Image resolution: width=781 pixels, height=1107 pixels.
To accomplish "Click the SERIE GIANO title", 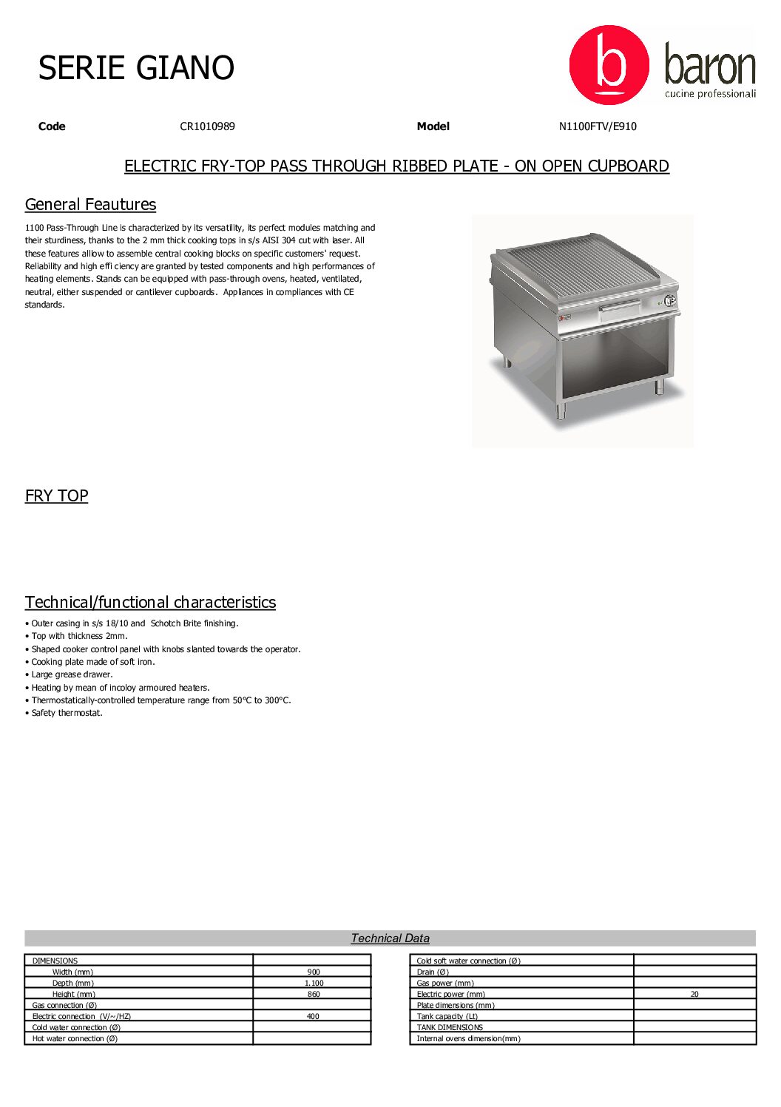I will point(136,68).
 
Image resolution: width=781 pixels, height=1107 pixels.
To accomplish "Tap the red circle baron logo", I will point(609,65).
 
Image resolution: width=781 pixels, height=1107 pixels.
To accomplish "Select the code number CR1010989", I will point(207,126).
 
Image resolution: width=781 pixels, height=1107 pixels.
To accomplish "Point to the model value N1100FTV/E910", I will point(597,126).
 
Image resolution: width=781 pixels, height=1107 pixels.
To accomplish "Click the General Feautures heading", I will point(90,205).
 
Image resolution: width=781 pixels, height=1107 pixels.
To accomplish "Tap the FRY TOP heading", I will point(56,496).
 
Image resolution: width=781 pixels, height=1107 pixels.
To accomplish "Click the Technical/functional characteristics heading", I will point(150,603).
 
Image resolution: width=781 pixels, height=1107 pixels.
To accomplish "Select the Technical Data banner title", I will point(390,938).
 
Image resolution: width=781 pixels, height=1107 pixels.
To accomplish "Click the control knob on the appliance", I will point(669,300).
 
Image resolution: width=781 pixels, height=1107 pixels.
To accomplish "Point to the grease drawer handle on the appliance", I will point(620,306).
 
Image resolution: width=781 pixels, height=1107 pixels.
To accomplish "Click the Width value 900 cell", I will point(314,972).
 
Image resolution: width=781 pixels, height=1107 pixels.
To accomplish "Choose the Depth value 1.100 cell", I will point(314,984).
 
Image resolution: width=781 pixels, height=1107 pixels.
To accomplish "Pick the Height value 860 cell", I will point(314,995).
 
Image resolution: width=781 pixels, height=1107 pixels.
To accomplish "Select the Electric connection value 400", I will point(313,1017).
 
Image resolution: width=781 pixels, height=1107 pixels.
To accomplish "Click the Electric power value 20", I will point(694,995).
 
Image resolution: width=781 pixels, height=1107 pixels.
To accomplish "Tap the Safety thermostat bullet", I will point(67,714).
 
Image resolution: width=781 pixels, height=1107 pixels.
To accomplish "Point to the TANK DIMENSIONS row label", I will point(450,1028).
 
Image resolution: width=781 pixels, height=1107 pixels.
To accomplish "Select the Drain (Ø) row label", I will point(433,972).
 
